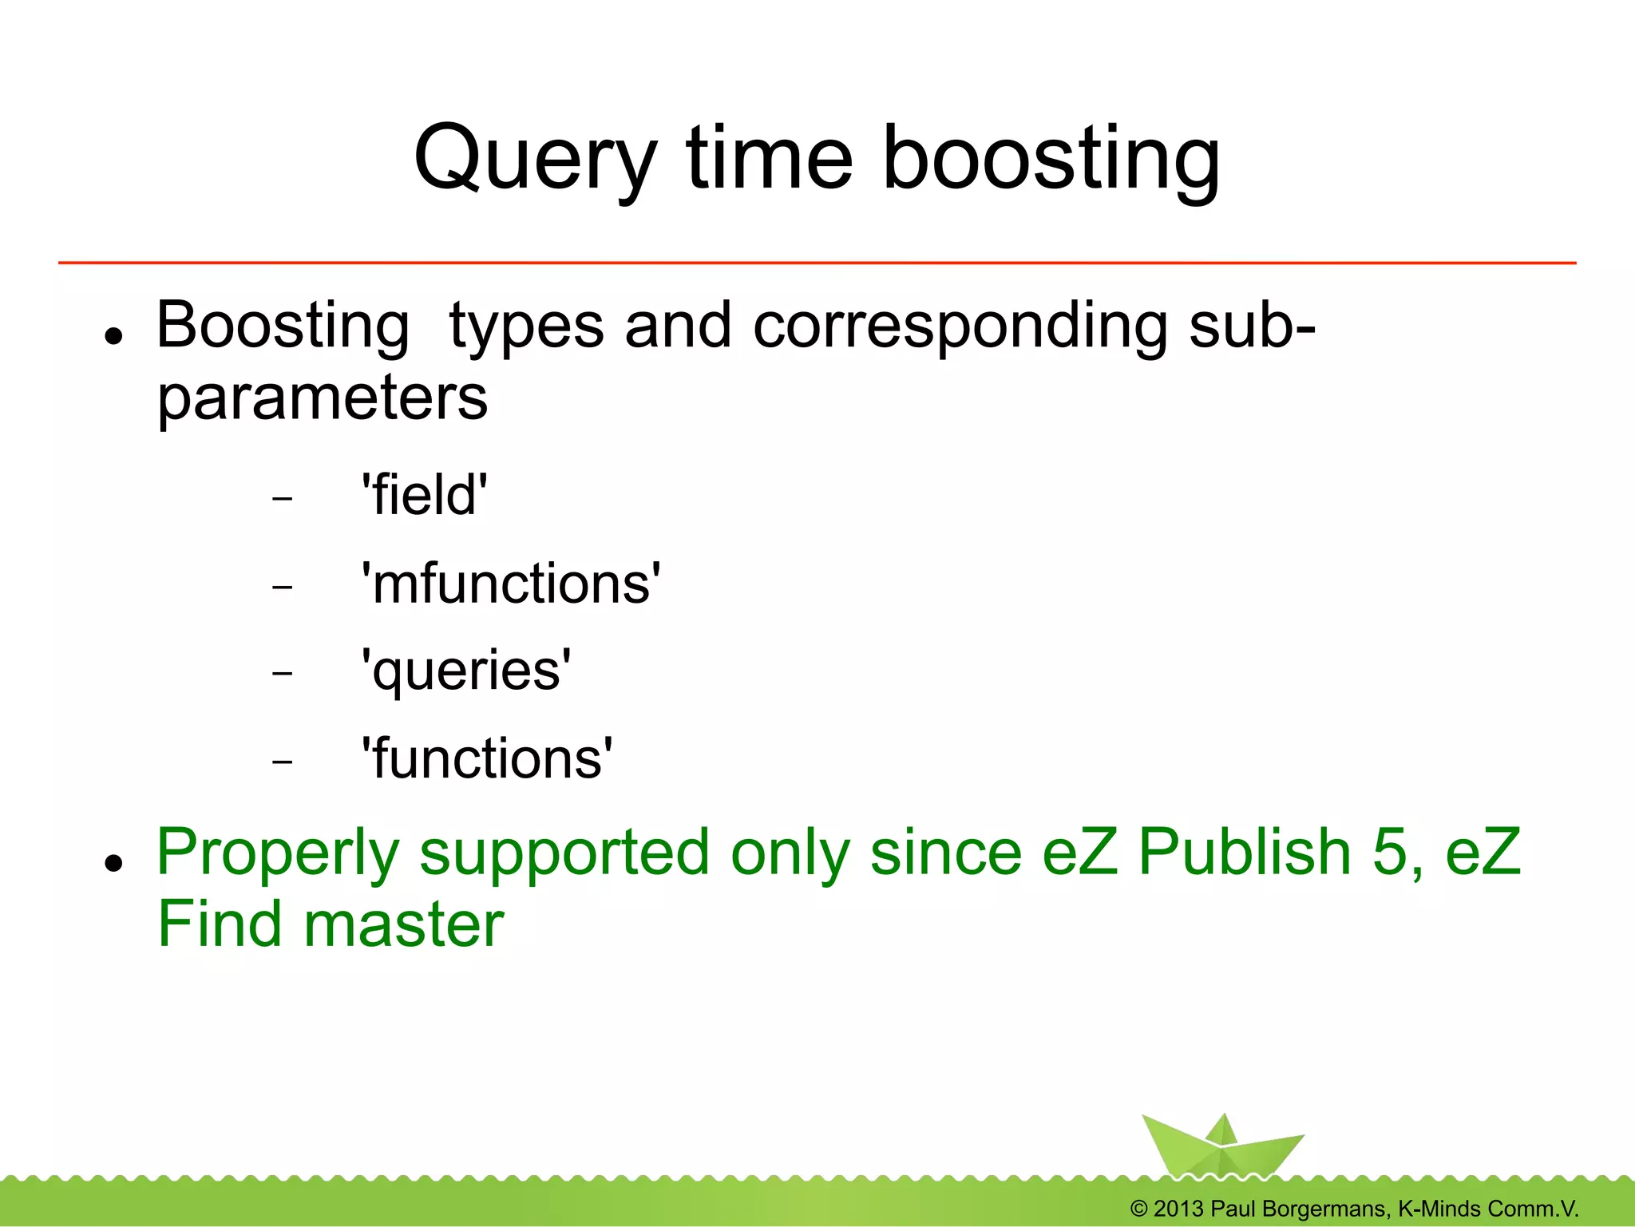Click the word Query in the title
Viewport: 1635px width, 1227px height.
(536, 160)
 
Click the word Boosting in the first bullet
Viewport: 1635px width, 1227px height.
(283, 327)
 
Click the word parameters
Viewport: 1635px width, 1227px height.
(322, 398)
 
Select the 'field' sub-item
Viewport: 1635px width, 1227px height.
(424, 495)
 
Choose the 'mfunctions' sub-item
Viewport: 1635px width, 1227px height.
(511, 583)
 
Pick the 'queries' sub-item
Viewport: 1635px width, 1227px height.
(466, 671)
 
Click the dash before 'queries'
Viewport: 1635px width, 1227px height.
(282, 674)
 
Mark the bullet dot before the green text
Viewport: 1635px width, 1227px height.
(114, 863)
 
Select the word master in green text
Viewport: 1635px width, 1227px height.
(404, 924)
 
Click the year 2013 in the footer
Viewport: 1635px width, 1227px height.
(1178, 1209)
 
